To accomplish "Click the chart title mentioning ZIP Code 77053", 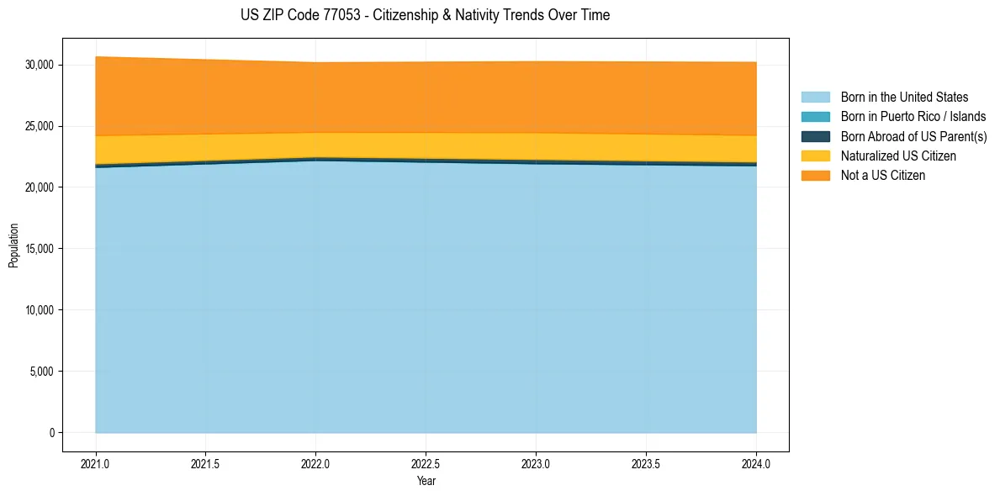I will (x=425, y=15).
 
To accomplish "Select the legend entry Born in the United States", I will (x=904, y=98).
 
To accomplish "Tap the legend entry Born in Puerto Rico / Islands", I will (x=913, y=117).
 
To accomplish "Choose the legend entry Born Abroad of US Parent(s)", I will (x=913, y=136).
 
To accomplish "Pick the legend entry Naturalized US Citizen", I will (x=898, y=156).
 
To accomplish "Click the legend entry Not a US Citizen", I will (x=883, y=176).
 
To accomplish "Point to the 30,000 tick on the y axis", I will (x=39, y=65).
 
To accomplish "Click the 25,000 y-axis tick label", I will (x=39, y=126).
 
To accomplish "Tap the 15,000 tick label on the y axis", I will (x=39, y=249).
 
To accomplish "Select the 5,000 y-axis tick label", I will (x=41, y=372).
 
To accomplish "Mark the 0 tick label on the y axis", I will (x=51, y=433).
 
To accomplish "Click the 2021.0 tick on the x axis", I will (x=96, y=463).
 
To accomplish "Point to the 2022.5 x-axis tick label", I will (x=426, y=463).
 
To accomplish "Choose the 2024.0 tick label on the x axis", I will (x=756, y=463).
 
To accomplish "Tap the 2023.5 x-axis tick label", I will (x=646, y=463).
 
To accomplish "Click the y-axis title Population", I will (x=13, y=245).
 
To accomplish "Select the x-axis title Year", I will (x=426, y=481).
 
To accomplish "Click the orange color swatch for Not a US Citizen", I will (x=815, y=176).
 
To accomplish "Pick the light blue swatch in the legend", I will (x=815, y=98).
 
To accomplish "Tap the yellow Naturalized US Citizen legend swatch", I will (x=815, y=156).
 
